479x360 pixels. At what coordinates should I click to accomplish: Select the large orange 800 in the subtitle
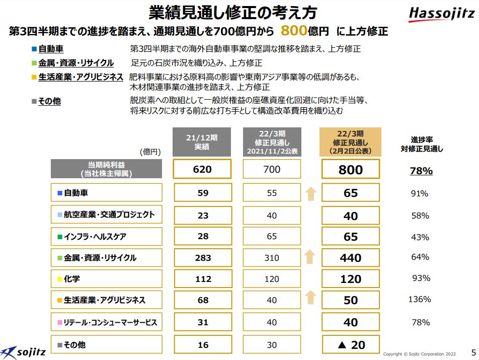point(294,31)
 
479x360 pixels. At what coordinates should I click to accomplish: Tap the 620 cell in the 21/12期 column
point(202,170)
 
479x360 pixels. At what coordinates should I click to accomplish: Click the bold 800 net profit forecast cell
point(351,170)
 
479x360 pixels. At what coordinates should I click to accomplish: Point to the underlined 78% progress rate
point(421,171)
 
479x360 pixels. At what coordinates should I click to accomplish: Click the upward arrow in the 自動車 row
point(310,193)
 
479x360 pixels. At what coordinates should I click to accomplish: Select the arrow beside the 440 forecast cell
point(310,257)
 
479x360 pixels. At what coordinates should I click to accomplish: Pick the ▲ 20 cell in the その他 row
point(351,345)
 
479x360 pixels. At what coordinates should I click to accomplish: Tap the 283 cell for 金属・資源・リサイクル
point(202,258)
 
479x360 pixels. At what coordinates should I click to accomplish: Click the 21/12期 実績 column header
point(202,142)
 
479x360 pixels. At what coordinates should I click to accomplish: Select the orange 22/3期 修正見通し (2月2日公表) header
point(351,142)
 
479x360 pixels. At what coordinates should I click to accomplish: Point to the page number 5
point(472,351)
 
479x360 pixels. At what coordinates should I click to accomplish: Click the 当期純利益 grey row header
point(106,169)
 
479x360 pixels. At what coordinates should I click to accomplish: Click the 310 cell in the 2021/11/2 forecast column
point(272,258)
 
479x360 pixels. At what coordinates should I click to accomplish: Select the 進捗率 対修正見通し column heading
point(422,144)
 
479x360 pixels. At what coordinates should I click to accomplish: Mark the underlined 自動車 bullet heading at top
point(50,49)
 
